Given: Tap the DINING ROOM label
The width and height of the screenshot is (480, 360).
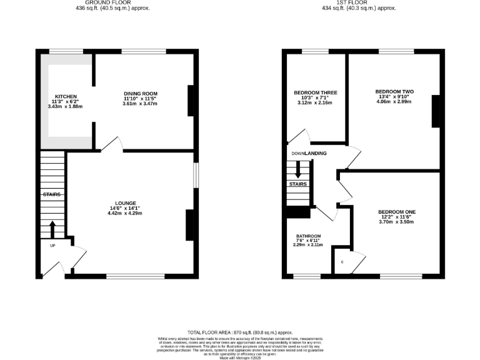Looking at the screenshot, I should pyautogui.click(x=140, y=94).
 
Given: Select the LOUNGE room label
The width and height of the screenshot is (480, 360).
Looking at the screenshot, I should pyautogui.click(x=125, y=202).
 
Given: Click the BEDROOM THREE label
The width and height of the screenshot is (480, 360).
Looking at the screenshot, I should pyautogui.click(x=316, y=93).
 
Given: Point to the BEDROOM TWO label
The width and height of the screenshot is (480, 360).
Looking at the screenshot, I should pyautogui.click(x=394, y=92).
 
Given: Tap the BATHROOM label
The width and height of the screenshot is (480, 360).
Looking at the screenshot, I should pyautogui.click(x=307, y=236).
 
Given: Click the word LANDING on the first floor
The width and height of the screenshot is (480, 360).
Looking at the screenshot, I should pyautogui.click(x=316, y=153).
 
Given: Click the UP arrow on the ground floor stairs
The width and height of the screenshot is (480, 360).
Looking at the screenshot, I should pyautogui.click(x=52, y=229).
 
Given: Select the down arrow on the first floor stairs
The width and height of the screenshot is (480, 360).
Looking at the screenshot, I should pyautogui.click(x=298, y=169).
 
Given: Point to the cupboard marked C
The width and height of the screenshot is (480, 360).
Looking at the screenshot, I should pyautogui.click(x=342, y=262).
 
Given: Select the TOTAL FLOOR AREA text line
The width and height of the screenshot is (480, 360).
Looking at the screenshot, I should pyautogui.click(x=240, y=332).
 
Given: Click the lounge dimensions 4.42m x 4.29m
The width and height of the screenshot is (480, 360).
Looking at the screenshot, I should pyautogui.click(x=125, y=213).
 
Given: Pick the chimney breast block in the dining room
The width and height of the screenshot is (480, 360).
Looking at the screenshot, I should pyautogui.click(x=190, y=101).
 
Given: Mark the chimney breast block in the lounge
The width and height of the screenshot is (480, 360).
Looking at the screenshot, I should pyautogui.click(x=189, y=225).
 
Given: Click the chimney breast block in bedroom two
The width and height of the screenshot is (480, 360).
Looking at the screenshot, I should pyautogui.click(x=435, y=112).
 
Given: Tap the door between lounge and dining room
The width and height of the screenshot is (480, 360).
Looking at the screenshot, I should pyautogui.click(x=110, y=144).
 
